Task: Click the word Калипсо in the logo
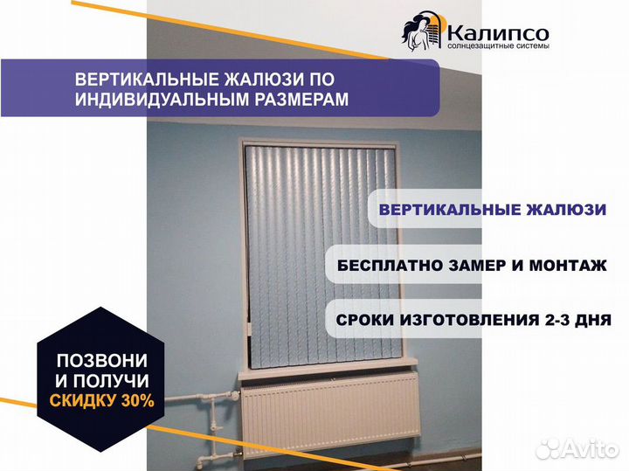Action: (x=498, y=33)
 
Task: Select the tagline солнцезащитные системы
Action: (x=498, y=46)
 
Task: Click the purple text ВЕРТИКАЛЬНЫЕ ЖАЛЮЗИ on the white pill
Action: (x=493, y=210)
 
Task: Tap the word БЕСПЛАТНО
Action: (x=390, y=265)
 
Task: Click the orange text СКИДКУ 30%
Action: (x=102, y=400)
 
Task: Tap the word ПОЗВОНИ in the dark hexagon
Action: (x=102, y=360)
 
